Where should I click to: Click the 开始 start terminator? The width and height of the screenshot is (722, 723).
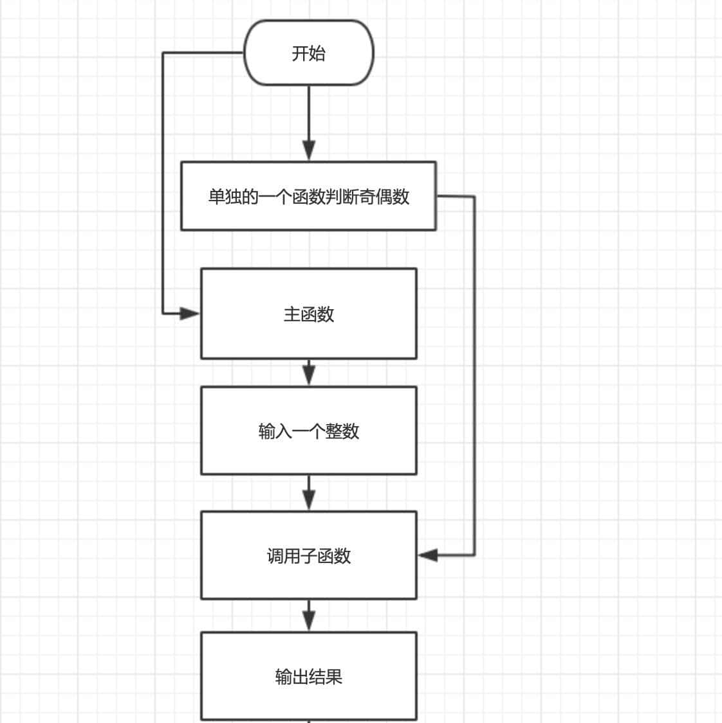309,53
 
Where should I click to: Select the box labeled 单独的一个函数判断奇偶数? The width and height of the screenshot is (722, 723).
308,196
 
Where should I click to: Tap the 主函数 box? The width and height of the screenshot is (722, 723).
308,314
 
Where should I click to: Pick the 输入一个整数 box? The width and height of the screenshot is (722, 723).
308,431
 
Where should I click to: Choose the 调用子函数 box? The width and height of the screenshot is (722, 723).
308,555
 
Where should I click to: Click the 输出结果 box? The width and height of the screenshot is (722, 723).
308,676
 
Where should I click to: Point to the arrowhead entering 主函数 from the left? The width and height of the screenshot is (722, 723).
190,314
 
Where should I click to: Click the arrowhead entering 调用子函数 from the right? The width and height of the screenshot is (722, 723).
427,555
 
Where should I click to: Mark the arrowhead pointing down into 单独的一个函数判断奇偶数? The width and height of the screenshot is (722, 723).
309,151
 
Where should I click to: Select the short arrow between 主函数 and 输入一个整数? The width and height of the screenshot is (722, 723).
309,372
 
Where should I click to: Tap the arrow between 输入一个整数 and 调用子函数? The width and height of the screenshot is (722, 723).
309,493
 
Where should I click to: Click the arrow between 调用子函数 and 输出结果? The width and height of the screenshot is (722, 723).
309,616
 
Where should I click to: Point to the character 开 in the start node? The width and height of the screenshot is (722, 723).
300,53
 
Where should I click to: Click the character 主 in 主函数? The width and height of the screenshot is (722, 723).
292,314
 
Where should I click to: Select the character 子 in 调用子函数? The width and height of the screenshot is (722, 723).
309,556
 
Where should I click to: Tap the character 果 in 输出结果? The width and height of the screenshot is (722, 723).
334,677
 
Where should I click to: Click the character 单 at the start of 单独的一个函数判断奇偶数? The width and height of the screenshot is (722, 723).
216,197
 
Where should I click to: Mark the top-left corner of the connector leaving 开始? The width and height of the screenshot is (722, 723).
163,53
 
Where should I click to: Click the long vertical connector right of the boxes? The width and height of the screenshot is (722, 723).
474,373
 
